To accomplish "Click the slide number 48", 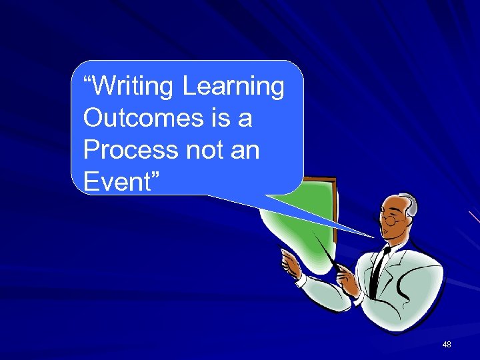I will point(446,345).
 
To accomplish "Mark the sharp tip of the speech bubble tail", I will point(373,237).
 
